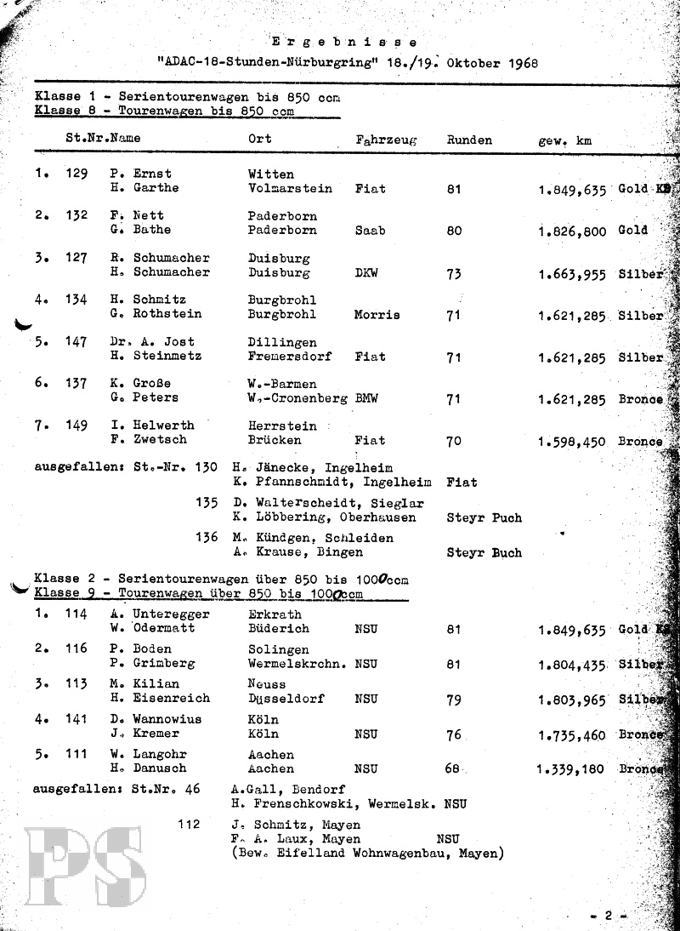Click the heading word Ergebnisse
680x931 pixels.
point(343,41)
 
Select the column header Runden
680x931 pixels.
point(468,140)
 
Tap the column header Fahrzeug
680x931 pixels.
point(386,140)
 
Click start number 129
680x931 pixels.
point(76,174)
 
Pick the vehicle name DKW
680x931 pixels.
point(367,272)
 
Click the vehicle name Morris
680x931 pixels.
point(377,315)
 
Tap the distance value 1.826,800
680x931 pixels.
point(571,231)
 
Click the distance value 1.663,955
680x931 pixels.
point(571,273)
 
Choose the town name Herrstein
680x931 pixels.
point(281,426)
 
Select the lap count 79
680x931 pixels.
point(454,700)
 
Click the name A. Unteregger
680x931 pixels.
point(159,614)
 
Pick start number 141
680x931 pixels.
point(76,719)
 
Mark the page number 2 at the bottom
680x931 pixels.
point(608,916)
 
